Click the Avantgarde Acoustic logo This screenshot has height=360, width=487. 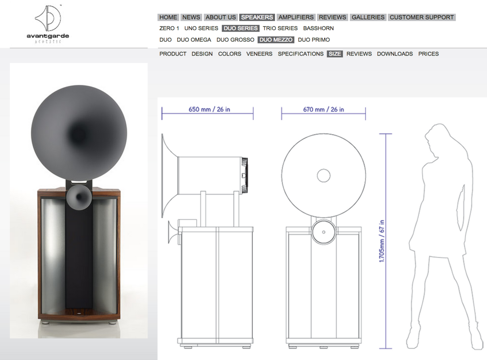[x=48, y=24]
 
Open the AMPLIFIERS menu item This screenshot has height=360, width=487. [x=296, y=17]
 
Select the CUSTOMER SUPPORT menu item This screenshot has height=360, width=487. [x=422, y=17]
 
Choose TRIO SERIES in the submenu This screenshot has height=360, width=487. [x=280, y=28]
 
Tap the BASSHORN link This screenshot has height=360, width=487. [x=318, y=28]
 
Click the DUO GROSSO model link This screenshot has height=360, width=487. [x=235, y=40]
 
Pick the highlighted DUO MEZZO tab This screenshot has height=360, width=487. [x=276, y=40]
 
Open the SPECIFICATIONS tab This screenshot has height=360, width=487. [x=301, y=54]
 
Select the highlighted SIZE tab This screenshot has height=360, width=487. [x=335, y=54]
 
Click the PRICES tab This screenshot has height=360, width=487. [x=429, y=54]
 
